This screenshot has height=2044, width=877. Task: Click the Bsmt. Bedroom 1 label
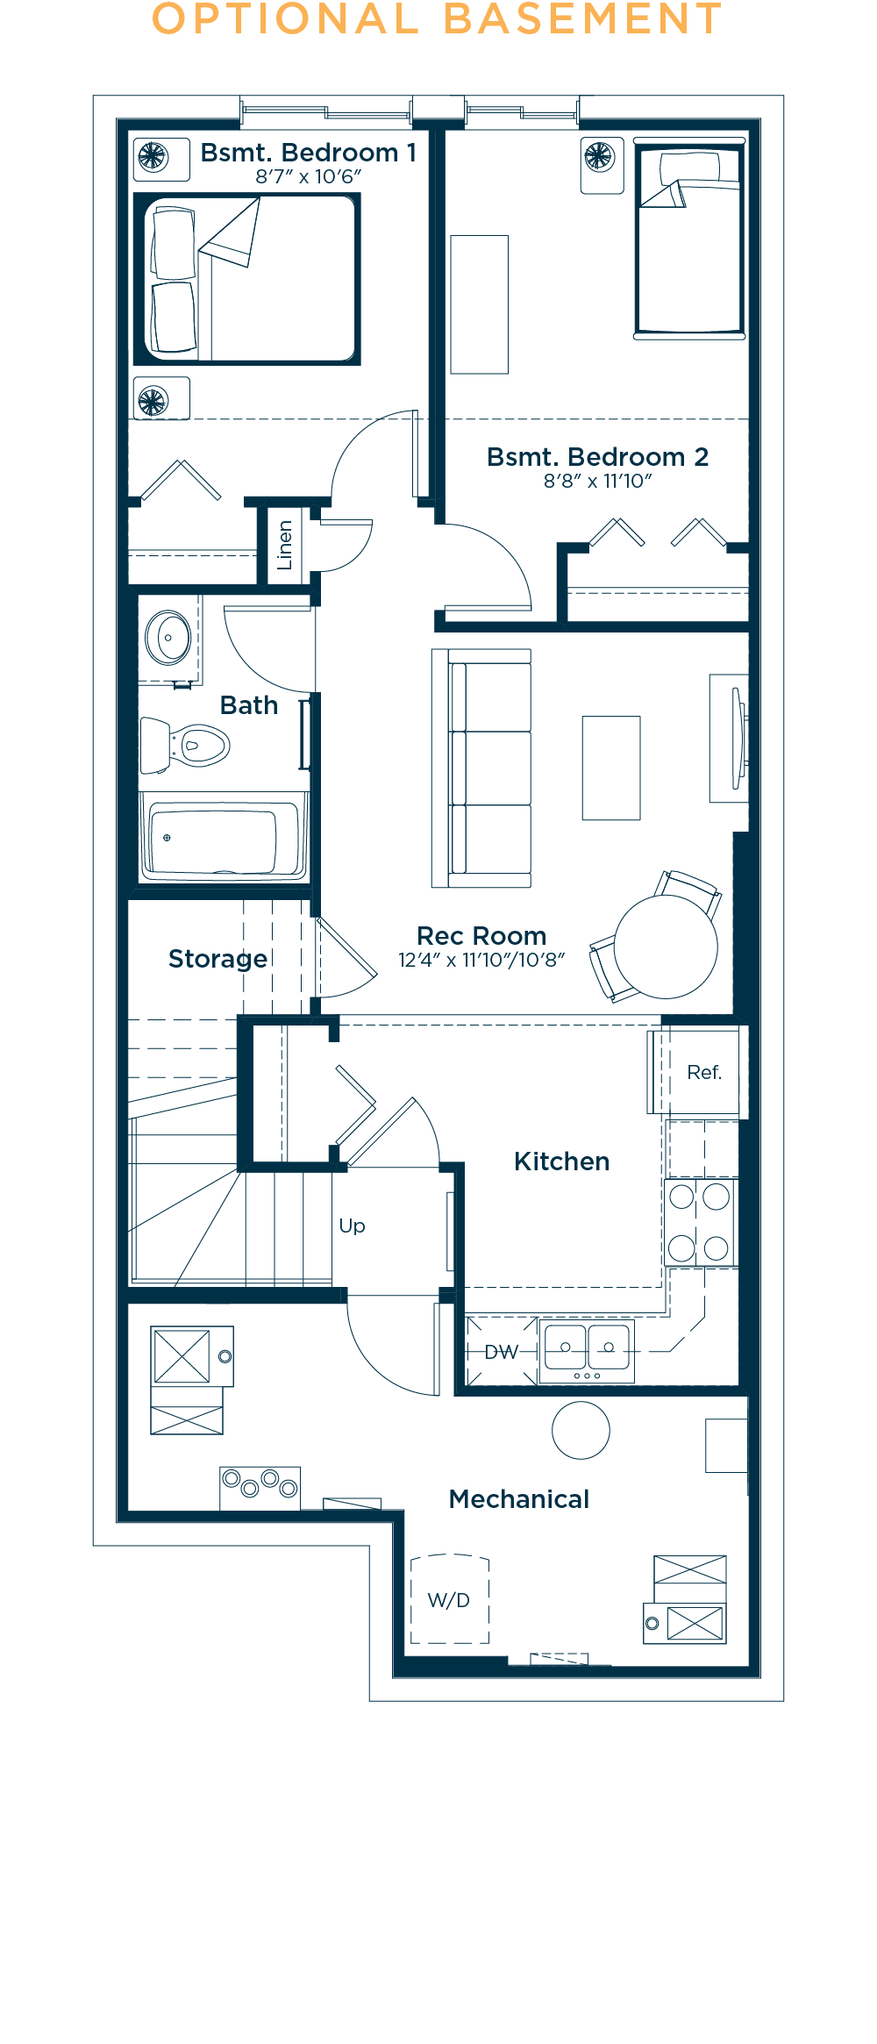(308, 153)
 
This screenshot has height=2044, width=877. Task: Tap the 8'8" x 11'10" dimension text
(598, 481)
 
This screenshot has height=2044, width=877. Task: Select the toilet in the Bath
(185, 745)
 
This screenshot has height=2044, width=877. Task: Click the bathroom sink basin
(168, 637)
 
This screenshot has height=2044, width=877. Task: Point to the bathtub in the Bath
(224, 837)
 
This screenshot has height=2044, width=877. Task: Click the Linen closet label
(284, 545)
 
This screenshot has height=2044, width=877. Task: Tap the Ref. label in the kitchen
(704, 1072)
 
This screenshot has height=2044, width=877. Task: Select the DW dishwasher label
(502, 1352)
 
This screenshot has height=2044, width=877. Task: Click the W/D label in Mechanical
(449, 1600)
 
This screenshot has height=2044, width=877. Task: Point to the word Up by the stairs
(352, 1226)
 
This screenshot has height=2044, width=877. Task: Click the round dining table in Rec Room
(666, 947)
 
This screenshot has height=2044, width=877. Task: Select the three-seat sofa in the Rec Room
(481, 768)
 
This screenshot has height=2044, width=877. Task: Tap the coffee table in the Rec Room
(611, 768)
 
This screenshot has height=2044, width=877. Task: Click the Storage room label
(217, 959)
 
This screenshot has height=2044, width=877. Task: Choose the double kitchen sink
(587, 1352)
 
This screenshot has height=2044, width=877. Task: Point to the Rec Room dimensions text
(481, 960)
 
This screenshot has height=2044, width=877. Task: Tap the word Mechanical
(519, 1499)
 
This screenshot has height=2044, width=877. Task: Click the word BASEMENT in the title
(583, 19)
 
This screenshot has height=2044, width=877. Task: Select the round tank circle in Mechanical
(581, 1431)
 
